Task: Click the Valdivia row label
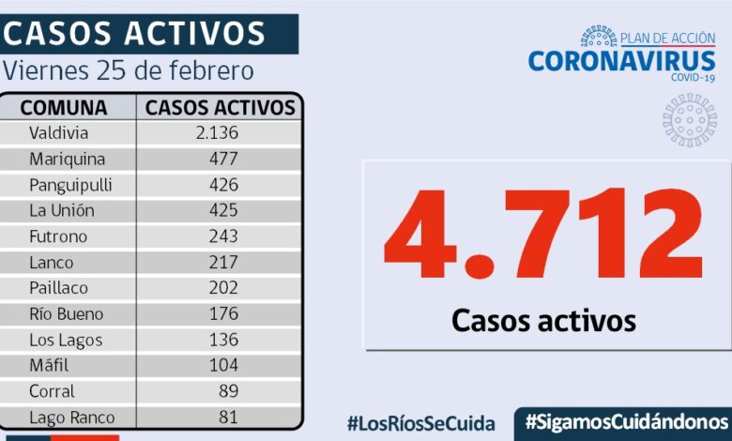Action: click(x=58, y=132)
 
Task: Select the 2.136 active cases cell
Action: click(x=217, y=132)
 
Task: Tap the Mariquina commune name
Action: click(x=67, y=159)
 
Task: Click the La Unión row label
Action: click(x=61, y=210)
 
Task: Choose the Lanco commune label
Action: click(x=51, y=262)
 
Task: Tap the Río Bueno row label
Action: click(x=66, y=313)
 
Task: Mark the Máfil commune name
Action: click(x=49, y=365)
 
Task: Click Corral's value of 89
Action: click(x=227, y=391)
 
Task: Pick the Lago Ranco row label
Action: click(x=71, y=417)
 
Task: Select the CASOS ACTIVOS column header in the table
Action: click(x=221, y=107)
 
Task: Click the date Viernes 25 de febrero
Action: click(x=129, y=71)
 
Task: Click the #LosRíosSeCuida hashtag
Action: click(x=420, y=422)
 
